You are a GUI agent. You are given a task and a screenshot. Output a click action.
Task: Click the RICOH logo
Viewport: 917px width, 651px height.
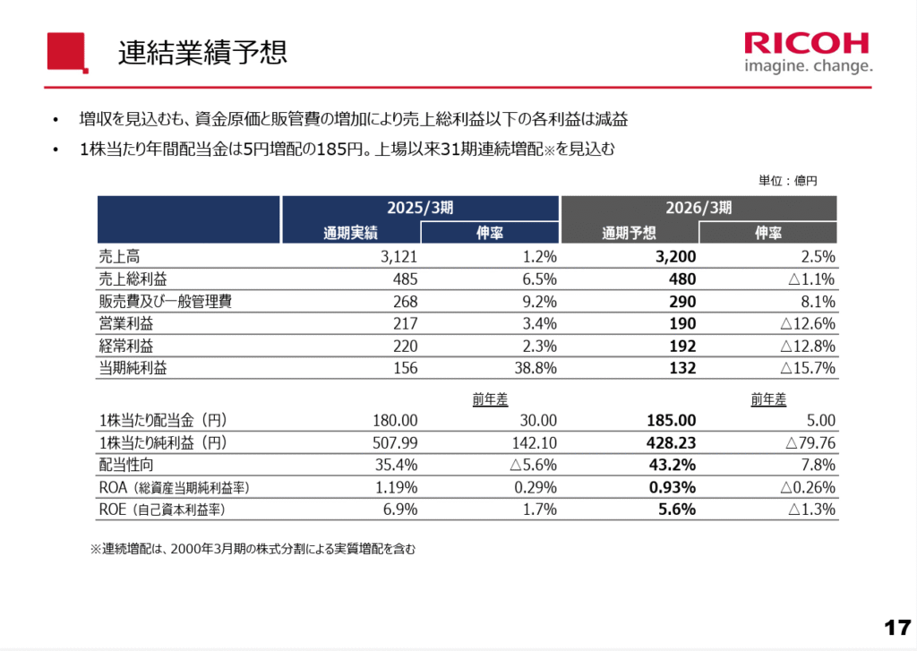[x=806, y=44]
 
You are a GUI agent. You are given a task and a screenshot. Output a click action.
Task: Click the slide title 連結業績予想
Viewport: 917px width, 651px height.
[x=202, y=52]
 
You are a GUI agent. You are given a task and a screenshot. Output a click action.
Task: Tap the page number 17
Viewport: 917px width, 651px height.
[x=896, y=627]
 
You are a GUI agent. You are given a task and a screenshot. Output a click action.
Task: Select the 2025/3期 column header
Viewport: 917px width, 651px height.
[x=421, y=208]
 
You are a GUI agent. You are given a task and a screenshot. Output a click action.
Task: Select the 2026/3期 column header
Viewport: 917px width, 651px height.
[x=698, y=208]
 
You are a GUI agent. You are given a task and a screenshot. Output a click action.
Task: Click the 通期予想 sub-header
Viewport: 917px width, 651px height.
[x=630, y=233]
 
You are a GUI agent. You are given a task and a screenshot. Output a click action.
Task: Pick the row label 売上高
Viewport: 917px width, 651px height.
[x=119, y=256]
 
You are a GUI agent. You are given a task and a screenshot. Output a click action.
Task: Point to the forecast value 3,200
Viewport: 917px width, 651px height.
[x=676, y=257]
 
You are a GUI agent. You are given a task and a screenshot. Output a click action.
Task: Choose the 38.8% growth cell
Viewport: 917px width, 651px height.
[x=535, y=368]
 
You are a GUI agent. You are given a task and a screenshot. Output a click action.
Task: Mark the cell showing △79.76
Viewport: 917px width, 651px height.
[x=810, y=442]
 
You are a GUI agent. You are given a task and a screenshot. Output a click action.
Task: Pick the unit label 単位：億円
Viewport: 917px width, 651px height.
[x=788, y=181]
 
